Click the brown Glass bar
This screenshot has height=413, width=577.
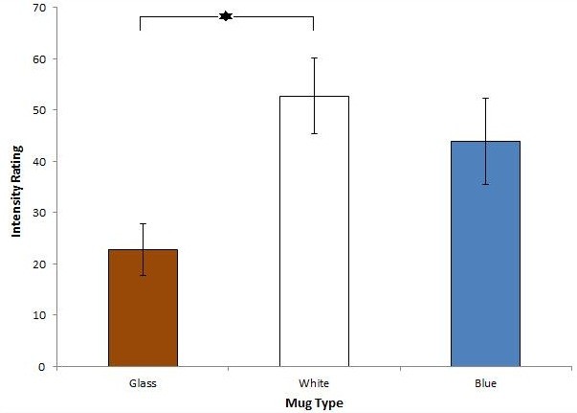143,308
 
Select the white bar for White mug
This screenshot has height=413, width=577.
314,231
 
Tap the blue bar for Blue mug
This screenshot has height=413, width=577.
485,254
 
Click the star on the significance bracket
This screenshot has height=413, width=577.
226,16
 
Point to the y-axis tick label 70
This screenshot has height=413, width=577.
39,8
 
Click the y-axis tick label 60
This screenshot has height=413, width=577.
39,59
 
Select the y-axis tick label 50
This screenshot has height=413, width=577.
39,110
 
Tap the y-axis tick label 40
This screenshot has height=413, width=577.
39,162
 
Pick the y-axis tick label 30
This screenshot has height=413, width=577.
39,213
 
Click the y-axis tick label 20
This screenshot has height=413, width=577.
39,264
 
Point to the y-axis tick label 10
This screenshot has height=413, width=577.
39,315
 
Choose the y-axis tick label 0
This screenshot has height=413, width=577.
42,367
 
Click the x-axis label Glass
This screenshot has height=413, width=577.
143,383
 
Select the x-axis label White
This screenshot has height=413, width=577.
314,383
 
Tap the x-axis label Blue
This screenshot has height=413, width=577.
485,383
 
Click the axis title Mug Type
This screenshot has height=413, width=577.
314,403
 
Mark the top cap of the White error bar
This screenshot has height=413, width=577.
314,57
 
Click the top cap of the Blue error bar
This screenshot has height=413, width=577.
485,98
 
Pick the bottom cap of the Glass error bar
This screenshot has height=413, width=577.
143,275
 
